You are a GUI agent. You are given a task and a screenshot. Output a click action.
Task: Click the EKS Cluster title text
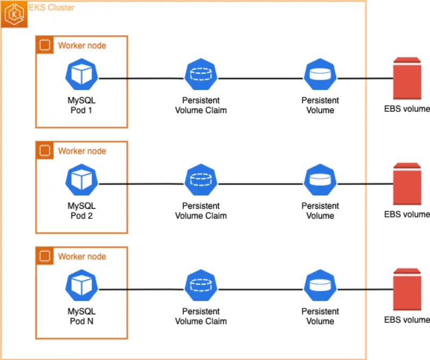click(x=51, y=8)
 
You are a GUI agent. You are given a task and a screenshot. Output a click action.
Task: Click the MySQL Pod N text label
click(x=81, y=316)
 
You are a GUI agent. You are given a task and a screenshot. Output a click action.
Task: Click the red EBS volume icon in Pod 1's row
click(x=406, y=78)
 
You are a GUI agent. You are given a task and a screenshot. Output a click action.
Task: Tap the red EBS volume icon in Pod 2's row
click(x=406, y=183)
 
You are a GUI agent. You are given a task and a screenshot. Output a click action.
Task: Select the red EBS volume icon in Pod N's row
click(x=406, y=289)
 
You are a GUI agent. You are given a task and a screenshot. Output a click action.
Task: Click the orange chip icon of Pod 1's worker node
click(x=45, y=45)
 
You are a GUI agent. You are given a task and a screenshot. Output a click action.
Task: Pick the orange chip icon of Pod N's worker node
click(x=45, y=256)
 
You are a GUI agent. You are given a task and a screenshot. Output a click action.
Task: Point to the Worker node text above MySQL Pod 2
click(x=82, y=151)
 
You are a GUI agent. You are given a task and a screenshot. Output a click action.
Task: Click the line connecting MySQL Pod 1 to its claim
click(x=141, y=79)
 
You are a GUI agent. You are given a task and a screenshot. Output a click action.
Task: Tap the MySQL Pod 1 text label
click(x=81, y=105)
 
